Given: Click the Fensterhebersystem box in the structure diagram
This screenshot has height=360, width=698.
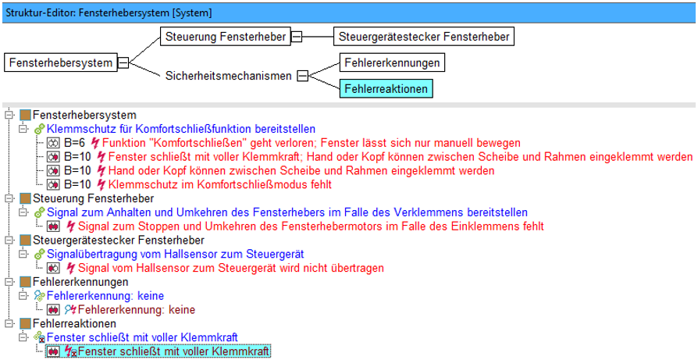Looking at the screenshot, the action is (61, 62).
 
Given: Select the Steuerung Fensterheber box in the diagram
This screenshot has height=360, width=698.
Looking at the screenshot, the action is (225, 37).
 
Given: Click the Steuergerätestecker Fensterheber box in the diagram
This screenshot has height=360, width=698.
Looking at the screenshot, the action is (424, 37).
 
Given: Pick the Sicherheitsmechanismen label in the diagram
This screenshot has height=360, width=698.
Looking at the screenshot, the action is (228, 76).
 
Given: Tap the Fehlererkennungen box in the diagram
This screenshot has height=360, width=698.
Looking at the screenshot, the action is (392, 62).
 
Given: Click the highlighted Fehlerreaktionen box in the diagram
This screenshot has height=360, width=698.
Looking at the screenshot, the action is (386, 88).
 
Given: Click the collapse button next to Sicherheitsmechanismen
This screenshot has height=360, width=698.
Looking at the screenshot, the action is (303, 76).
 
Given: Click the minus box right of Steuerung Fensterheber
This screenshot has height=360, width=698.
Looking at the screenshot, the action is (297, 37).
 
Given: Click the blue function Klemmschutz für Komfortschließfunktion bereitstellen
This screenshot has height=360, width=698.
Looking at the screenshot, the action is (180, 130).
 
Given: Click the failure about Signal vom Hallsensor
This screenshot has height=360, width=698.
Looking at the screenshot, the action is (230, 268).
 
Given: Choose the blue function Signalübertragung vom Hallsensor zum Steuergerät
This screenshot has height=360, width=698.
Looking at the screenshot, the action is (176, 254).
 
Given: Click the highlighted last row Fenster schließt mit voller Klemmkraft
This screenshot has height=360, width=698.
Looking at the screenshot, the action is (174, 351).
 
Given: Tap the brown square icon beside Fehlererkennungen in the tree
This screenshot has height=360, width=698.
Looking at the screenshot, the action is (26, 282).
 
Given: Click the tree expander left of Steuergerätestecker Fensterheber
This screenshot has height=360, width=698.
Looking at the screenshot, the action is (8, 241).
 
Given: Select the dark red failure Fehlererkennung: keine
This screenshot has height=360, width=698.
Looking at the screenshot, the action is (137, 310).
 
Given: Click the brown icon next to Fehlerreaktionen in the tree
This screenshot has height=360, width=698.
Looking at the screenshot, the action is (26, 323).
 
